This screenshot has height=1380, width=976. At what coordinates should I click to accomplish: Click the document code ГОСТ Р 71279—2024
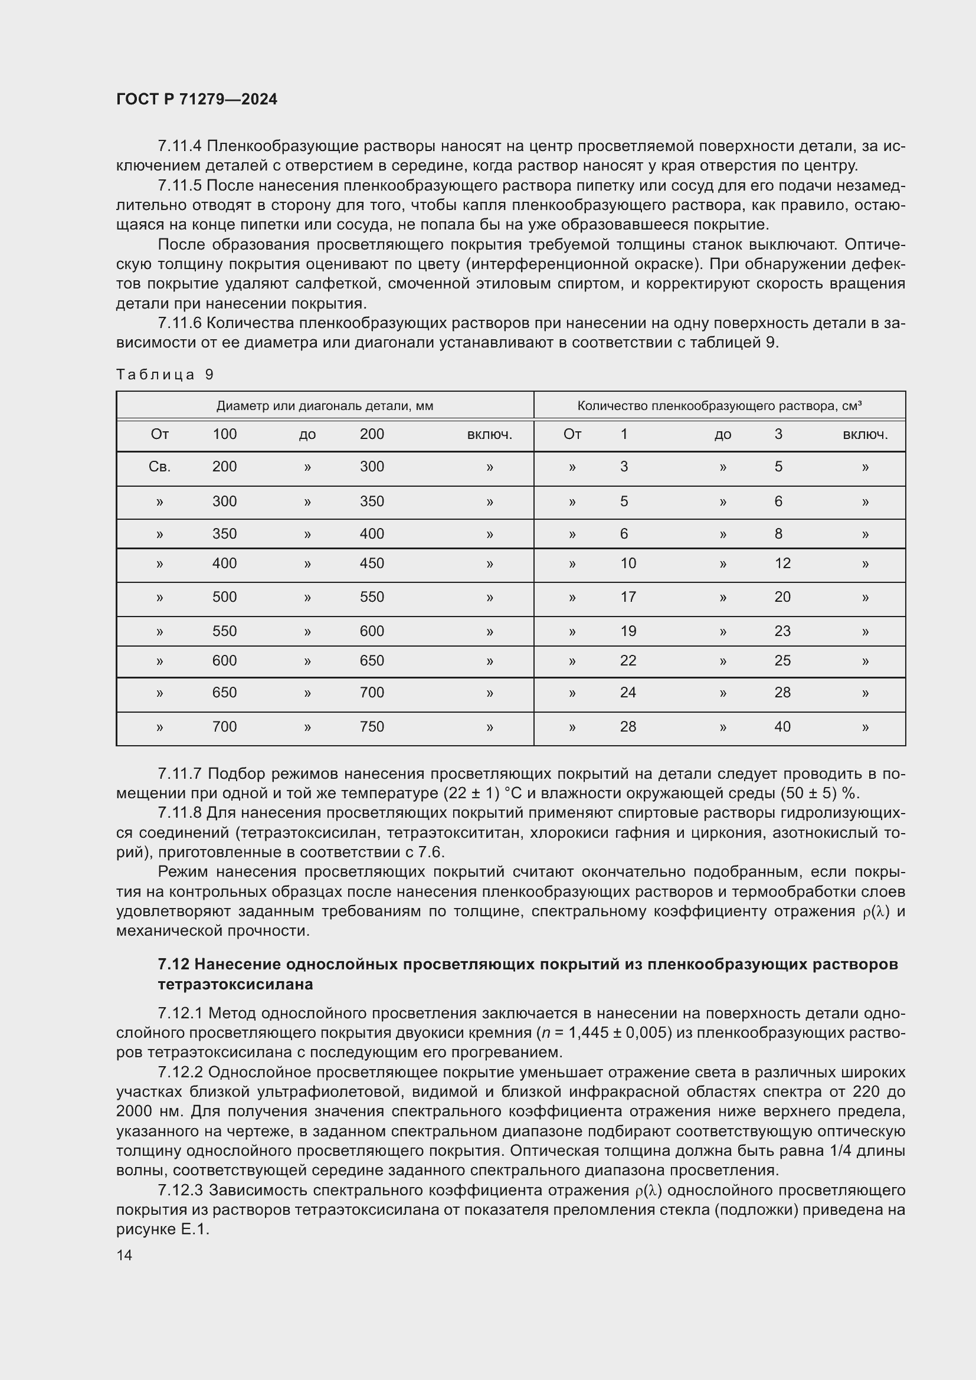tap(196, 100)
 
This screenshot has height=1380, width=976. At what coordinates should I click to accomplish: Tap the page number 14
tap(125, 1255)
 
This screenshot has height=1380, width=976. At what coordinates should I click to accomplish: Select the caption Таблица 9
tap(165, 375)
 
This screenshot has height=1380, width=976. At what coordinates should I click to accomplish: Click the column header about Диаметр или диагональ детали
tap(325, 406)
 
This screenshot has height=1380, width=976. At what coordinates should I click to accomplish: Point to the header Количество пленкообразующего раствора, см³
tap(719, 406)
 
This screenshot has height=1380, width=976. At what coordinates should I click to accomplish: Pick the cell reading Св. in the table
tap(159, 467)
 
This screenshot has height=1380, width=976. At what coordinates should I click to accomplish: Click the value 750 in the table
tap(371, 727)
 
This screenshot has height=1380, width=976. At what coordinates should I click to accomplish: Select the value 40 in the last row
tap(782, 727)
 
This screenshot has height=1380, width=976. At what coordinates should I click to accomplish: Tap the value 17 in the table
tap(628, 597)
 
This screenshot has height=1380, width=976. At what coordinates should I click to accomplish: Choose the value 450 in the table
tap(371, 563)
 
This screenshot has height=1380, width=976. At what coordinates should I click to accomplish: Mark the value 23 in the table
tap(782, 631)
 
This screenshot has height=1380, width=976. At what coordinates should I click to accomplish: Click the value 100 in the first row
tap(224, 434)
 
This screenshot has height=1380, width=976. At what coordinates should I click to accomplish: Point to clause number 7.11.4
tap(180, 146)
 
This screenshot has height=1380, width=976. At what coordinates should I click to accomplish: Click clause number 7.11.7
tap(180, 773)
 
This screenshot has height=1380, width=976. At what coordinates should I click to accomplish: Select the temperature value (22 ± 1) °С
tap(488, 794)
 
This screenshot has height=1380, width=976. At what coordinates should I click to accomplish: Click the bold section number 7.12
tap(173, 965)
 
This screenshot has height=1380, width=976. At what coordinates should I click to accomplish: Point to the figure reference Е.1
tap(194, 1230)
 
